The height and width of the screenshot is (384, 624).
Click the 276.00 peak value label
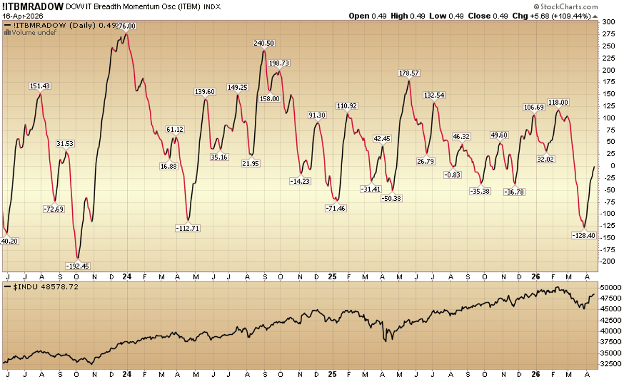coord(125,26)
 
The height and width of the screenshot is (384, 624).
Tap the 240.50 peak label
coord(264,44)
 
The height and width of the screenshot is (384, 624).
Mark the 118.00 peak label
coord(558,103)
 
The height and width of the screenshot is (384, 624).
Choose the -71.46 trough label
coord(335,209)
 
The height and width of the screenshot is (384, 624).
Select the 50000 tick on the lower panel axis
coord(612,287)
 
